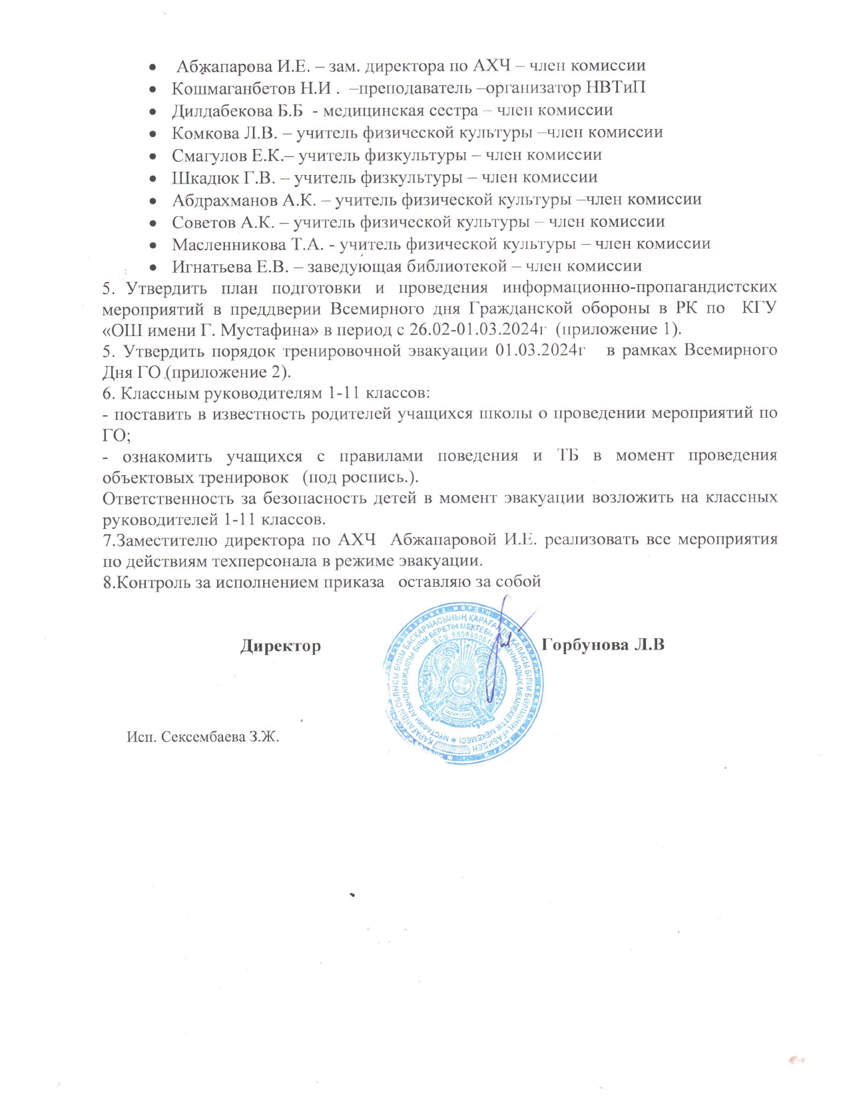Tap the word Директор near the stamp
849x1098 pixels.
[x=280, y=646]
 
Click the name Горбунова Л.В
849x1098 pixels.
[x=603, y=645]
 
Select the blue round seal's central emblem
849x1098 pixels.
[x=462, y=684]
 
